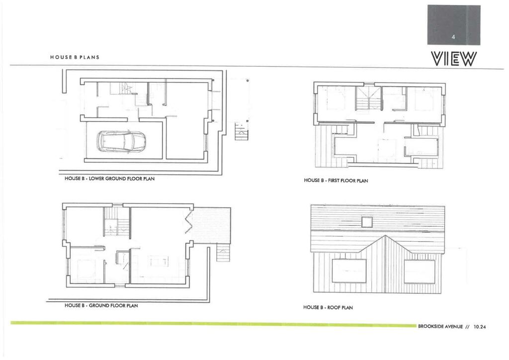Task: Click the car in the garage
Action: pos(122,141)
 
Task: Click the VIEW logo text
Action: pos(454,59)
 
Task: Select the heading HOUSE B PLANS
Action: pos(75,57)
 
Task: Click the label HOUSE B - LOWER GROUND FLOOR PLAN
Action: pos(110,179)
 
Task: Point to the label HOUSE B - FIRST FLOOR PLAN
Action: pos(336,181)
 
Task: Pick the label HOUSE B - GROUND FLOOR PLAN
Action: pos(101,305)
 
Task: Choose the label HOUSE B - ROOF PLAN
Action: pos(328,308)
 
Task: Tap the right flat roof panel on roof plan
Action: pos(419,271)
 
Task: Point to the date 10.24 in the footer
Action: pos(480,327)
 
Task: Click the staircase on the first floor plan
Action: pos(368,98)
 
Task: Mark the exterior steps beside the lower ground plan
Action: pos(241,132)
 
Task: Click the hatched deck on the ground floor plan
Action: pos(212,225)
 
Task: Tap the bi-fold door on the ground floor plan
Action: pos(189,221)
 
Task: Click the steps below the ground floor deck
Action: pos(223,254)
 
